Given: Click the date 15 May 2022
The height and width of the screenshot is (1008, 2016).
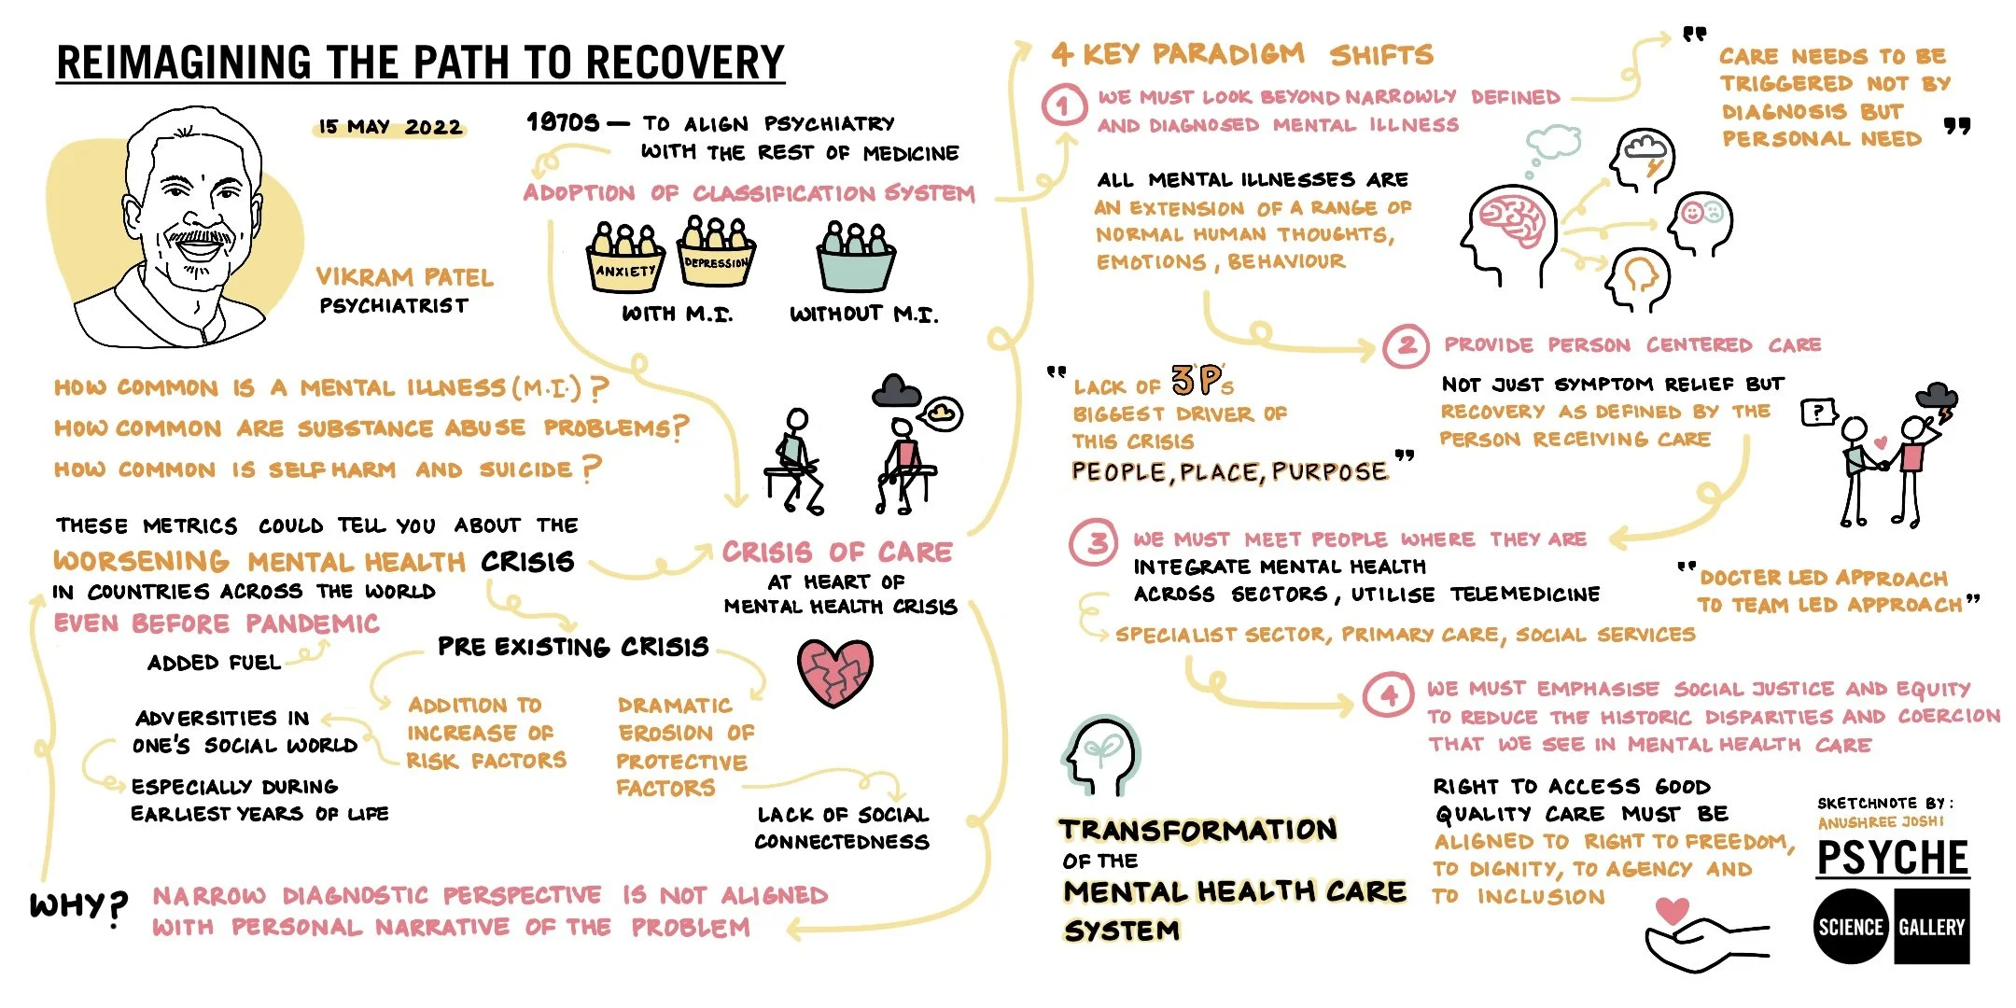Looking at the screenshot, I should (x=390, y=127).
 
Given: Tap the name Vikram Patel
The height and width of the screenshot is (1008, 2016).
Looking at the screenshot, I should (x=404, y=277).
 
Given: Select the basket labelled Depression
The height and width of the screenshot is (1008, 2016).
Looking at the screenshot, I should (x=716, y=253).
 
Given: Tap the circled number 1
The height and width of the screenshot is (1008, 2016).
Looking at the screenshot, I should (x=1063, y=105).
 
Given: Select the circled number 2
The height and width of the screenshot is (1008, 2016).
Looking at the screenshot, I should (x=1407, y=346).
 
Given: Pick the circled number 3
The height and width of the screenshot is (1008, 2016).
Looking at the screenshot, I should (x=1098, y=542).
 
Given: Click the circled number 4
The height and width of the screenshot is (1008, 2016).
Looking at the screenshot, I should (x=1389, y=695).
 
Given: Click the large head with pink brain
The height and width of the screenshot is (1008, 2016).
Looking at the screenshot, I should (x=1507, y=232).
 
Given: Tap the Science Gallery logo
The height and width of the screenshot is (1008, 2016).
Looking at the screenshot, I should (x=1893, y=926).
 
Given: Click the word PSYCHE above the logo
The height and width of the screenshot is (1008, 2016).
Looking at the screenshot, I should (x=1893, y=857).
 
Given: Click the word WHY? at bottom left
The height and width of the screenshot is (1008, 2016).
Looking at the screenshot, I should (x=78, y=906).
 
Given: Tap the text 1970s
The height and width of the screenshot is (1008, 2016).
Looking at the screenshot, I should (x=563, y=122).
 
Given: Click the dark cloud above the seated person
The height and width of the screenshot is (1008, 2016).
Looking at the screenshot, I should (x=896, y=390).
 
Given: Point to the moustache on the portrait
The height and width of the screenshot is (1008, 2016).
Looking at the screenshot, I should (x=199, y=237).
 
